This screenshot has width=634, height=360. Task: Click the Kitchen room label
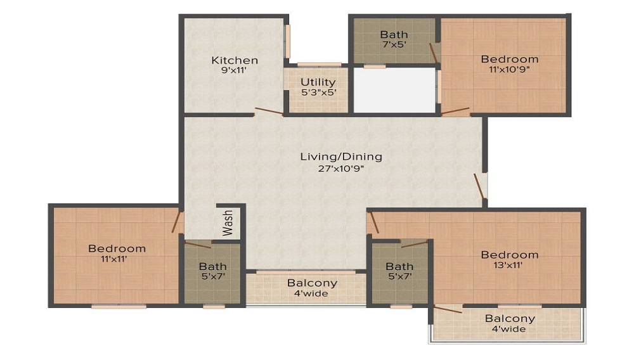tap(235, 60)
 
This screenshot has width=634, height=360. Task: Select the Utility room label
tap(318, 82)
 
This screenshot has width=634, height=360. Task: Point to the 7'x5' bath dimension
tap(394, 44)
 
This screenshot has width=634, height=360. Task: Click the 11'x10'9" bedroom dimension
tap(509, 69)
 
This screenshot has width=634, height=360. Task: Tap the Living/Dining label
tap(341, 157)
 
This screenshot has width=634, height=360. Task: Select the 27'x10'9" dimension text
tap(341, 169)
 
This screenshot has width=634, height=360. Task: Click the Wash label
tap(228, 222)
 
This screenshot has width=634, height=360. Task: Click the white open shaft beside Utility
tap(394, 91)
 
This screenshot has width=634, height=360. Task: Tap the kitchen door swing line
tap(269, 111)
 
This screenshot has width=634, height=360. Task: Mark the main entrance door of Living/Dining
tap(479, 186)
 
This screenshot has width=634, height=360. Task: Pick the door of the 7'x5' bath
tap(434, 53)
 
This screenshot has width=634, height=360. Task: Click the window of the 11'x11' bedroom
tap(119, 307)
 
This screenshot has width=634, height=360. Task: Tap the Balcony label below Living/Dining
tap(312, 283)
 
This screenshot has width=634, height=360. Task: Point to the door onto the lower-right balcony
tap(448, 309)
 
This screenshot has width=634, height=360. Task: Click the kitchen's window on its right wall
tap(287, 42)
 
